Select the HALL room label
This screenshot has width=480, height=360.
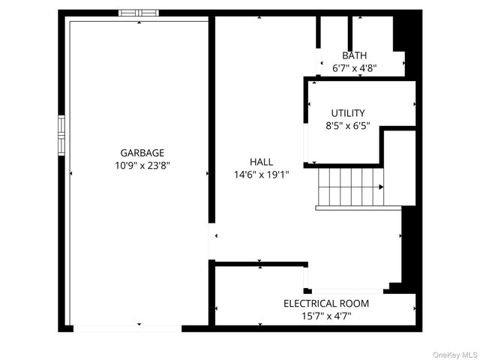tap(262, 161)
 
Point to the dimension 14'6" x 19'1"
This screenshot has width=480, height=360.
tap(262, 174)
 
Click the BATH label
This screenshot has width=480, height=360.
tap(354, 55)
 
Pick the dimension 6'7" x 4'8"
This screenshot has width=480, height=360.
tap(354, 67)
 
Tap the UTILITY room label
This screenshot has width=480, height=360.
tap(348, 113)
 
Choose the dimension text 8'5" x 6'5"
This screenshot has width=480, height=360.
tap(348, 126)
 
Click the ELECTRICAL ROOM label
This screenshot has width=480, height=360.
tap(325, 304)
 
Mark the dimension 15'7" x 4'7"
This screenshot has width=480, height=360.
tap(325, 316)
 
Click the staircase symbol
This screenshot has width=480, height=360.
tap(350, 187)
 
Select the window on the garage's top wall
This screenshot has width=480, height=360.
tap(139, 13)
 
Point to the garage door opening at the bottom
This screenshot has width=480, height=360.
tap(127, 328)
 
